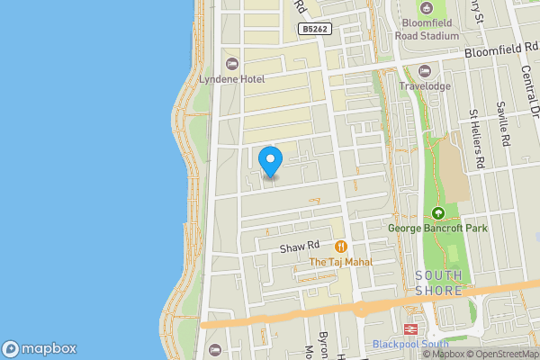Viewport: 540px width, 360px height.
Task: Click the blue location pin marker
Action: click(x=270, y=161)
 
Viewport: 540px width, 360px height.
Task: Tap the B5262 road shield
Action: click(x=316, y=30)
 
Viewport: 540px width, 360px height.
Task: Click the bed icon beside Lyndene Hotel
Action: click(x=232, y=64)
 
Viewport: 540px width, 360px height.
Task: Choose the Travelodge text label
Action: click(x=424, y=87)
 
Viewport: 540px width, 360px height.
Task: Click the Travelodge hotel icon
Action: click(x=424, y=70)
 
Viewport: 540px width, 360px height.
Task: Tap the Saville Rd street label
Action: click(x=502, y=124)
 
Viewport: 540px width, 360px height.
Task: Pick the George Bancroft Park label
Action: click(x=437, y=229)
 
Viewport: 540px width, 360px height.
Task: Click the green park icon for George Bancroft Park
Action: click(x=437, y=213)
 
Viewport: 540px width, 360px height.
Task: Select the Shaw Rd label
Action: click(x=301, y=246)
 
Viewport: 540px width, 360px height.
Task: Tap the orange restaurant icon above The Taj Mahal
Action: click(x=341, y=246)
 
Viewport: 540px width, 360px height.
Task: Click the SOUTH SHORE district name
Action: click(x=438, y=283)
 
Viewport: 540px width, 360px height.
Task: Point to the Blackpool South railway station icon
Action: click(x=410, y=329)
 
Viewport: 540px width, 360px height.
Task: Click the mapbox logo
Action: click(x=39, y=349)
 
